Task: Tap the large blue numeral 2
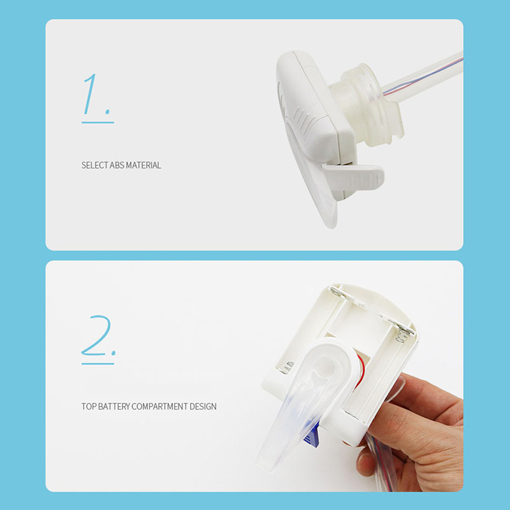tap(97, 335)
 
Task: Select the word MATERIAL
tap(143, 165)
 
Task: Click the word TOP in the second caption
tap(89, 406)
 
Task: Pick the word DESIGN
tap(203, 406)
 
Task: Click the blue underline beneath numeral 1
tap(98, 122)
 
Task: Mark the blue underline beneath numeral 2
tap(98, 363)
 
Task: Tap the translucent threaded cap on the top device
tap(369, 104)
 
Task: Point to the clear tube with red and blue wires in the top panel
tap(423, 76)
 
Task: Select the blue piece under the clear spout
tap(312, 436)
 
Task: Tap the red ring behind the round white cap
tap(360, 372)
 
